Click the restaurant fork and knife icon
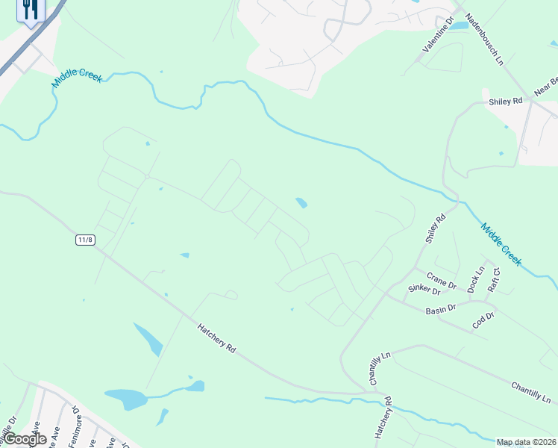click(31, 10)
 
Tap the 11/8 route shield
click(86, 240)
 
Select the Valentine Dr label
click(439, 35)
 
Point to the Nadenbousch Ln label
click(483, 40)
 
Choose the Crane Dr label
click(442, 281)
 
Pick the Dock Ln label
click(475, 279)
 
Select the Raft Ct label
click(492, 281)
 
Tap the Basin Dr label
click(440, 310)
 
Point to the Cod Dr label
click(483, 320)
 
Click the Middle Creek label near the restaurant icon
click(76, 75)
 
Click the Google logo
click(24, 439)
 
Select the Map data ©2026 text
click(527, 442)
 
